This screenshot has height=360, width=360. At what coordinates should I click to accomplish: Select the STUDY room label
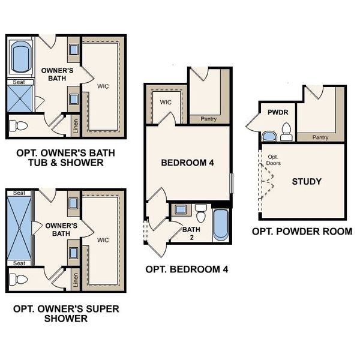pyautogui.click(x=306, y=181)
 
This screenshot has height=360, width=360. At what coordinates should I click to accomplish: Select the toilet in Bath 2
pyautogui.click(x=201, y=212)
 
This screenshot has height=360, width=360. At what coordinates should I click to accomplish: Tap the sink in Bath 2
pyautogui.click(x=181, y=210)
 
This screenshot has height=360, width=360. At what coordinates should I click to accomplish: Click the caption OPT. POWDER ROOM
pyautogui.click(x=302, y=232)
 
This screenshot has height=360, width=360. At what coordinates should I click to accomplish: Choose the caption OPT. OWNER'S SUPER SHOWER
pyautogui.click(x=66, y=313)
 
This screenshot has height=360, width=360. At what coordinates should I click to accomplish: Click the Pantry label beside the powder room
pyautogui.click(x=320, y=137)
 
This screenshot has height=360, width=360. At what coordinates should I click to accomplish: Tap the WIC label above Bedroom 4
pyautogui.click(x=166, y=102)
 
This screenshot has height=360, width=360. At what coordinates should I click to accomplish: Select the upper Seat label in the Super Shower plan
pyautogui.click(x=19, y=193)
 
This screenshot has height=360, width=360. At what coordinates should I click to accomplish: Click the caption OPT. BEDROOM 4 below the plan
pyautogui.click(x=187, y=269)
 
